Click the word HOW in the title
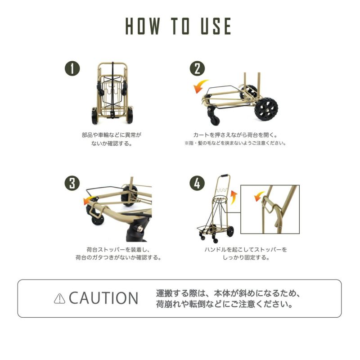[x=143, y=26]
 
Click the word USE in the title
[x=216, y=26]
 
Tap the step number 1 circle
[x=72, y=68]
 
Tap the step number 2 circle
[x=197, y=68]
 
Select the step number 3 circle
[x=72, y=183]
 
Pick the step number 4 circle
[x=197, y=183]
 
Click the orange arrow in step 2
[x=200, y=86]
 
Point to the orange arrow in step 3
[x=89, y=200]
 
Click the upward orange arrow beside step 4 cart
[x=234, y=198]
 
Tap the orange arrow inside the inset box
[x=260, y=196]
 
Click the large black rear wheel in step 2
[x=266, y=109]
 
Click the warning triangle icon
[x=59, y=299]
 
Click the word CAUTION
[x=103, y=298]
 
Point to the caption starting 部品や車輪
[x=112, y=139]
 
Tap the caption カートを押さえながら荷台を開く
[x=235, y=135]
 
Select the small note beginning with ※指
[x=235, y=143]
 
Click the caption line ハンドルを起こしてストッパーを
[x=246, y=250]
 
